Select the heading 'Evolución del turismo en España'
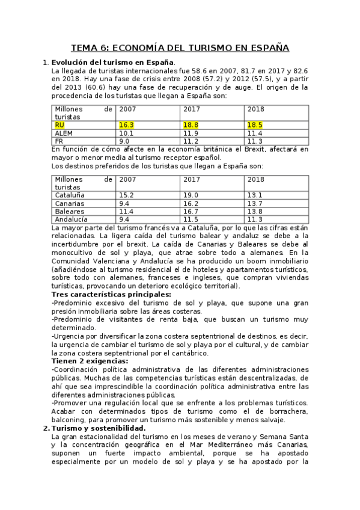(113, 63)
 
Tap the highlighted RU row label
(59, 124)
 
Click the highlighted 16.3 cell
(126, 124)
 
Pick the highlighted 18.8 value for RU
(192, 124)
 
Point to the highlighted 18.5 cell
(255, 124)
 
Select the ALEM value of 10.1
(126, 133)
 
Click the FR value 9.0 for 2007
(124, 141)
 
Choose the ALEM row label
(64, 133)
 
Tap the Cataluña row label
(70, 195)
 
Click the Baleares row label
(70, 212)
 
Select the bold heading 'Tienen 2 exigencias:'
(90, 360)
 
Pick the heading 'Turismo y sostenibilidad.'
(99, 428)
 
